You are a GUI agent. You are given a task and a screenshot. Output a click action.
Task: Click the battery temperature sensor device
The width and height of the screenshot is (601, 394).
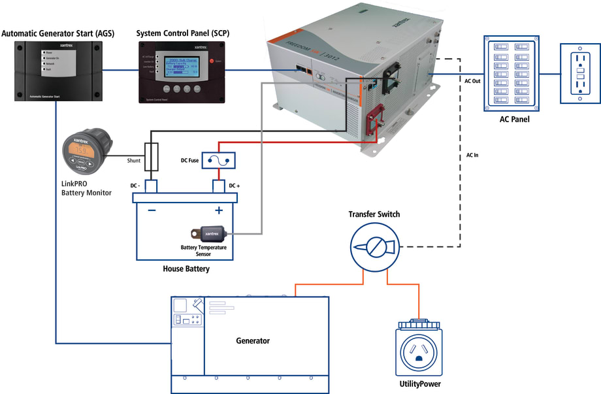(x=208, y=233)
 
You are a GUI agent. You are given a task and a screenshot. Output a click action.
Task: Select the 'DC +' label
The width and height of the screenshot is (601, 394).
(x=233, y=186)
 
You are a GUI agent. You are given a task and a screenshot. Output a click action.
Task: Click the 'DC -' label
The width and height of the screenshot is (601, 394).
(x=135, y=186)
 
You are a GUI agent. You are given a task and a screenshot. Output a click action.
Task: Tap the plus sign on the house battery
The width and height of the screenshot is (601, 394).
(x=219, y=210)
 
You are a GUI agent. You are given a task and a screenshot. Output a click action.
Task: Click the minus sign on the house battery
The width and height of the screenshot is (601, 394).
(x=151, y=210)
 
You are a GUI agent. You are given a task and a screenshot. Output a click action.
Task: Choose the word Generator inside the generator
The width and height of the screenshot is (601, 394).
(x=252, y=341)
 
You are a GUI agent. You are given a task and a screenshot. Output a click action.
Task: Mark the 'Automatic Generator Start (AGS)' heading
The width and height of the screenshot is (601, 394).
(x=57, y=33)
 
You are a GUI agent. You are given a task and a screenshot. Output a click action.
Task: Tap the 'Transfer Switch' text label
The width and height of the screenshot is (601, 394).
(x=374, y=214)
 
